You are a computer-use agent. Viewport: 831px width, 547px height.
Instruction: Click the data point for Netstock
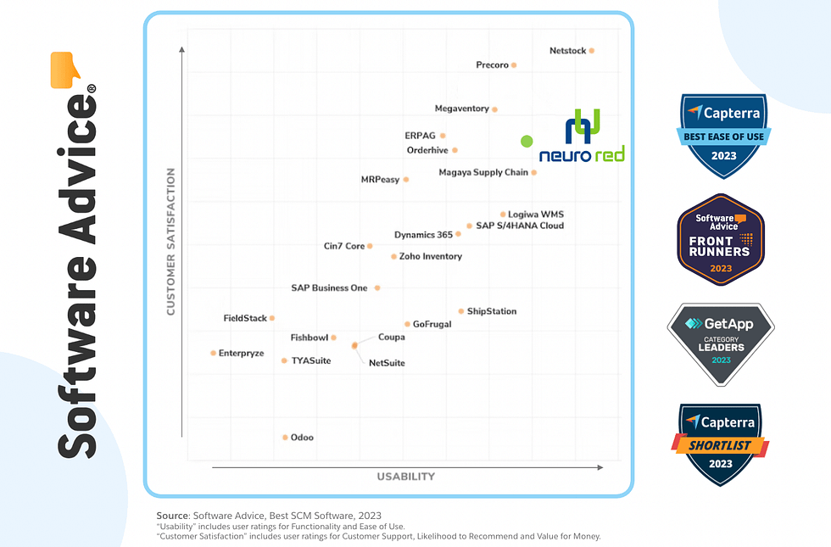point(592,51)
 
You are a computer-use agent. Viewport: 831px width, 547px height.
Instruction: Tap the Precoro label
point(492,64)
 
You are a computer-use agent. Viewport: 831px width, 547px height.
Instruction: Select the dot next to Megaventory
point(495,109)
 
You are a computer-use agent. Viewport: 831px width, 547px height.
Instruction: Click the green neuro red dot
point(527,142)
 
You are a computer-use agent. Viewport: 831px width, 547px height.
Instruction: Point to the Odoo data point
point(285,438)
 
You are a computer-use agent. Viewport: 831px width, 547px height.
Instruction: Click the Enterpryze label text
point(242,353)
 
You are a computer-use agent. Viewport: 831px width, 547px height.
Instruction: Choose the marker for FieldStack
point(272,318)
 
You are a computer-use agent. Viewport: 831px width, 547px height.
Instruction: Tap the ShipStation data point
point(461,311)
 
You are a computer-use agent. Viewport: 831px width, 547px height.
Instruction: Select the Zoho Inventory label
point(431,256)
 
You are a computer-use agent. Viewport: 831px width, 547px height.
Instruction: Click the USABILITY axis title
point(406,477)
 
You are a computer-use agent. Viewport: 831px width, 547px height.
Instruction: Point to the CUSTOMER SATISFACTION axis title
point(170,242)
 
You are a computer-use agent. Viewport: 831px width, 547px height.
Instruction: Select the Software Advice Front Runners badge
point(721,240)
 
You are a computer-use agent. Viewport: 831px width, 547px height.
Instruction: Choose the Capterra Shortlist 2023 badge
point(720,444)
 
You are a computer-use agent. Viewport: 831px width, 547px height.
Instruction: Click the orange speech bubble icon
point(65,70)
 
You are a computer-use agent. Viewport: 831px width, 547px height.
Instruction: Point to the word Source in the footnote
point(172,516)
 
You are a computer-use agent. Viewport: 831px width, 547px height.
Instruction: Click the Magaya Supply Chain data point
point(534,172)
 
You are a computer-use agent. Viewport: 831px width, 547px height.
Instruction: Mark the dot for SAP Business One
point(377,287)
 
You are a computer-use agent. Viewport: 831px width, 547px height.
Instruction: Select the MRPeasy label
point(380,180)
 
